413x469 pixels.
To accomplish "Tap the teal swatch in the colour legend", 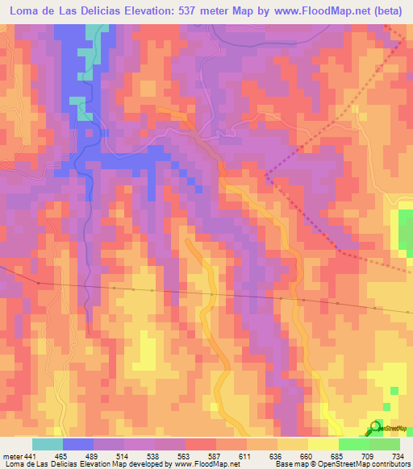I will (x=47, y=445).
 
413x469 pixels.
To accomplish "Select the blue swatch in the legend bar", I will (x=77, y=445).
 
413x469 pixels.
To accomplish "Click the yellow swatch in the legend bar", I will (x=323, y=445).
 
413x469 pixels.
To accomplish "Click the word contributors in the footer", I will (x=388, y=463).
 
